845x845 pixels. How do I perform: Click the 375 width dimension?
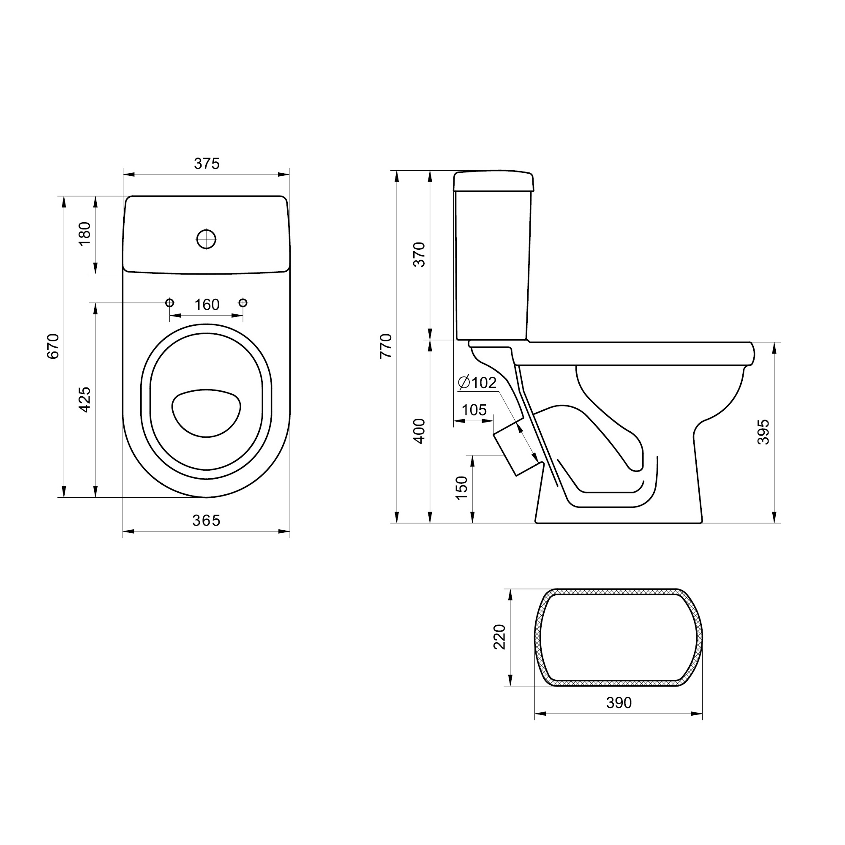click(x=207, y=164)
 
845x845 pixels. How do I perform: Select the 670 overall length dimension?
click(x=53, y=346)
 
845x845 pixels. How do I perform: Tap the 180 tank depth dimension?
click(x=84, y=234)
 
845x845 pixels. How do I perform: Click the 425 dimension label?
click(x=84, y=399)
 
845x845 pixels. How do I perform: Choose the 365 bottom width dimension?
click(x=207, y=521)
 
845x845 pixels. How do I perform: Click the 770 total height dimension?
click(x=386, y=346)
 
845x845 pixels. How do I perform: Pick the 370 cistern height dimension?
click(x=420, y=254)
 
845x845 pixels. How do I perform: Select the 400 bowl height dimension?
click(x=420, y=431)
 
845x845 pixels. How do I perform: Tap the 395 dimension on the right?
click(x=763, y=432)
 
